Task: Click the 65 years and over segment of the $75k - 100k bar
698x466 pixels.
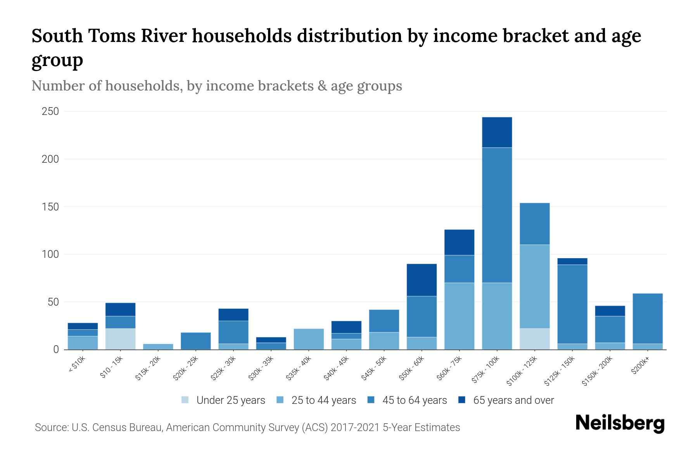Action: (x=497, y=132)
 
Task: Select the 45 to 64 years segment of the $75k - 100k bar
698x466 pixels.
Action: (x=497, y=215)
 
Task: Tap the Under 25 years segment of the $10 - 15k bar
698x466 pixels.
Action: (x=120, y=339)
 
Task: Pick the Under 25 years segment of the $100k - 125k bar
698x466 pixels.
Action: (x=534, y=339)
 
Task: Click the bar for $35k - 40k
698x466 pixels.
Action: (x=309, y=339)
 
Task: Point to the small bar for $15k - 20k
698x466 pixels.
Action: (x=158, y=346)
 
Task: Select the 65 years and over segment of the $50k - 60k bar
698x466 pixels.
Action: (x=422, y=280)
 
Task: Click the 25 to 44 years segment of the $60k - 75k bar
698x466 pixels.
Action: (x=459, y=316)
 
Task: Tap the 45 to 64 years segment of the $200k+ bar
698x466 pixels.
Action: (x=647, y=318)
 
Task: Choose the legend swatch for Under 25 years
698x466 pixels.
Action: (x=185, y=400)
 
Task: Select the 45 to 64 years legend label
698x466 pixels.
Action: (x=414, y=400)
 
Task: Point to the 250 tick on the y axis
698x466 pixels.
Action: (x=50, y=111)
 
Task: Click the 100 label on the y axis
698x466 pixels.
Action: (x=50, y=254)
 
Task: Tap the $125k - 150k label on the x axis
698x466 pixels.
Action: (x=560, y=371)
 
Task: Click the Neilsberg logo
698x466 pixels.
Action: (x=620, y=423)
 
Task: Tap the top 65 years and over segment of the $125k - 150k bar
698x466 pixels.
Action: (x=572, y=261)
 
